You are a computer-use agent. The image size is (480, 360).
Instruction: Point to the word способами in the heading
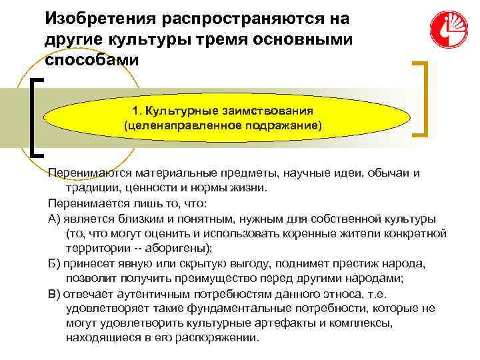tap(93, 59)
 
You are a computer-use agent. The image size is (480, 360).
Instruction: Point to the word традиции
tap(93, 188)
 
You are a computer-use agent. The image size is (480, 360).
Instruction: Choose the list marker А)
tap(55, 218)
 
